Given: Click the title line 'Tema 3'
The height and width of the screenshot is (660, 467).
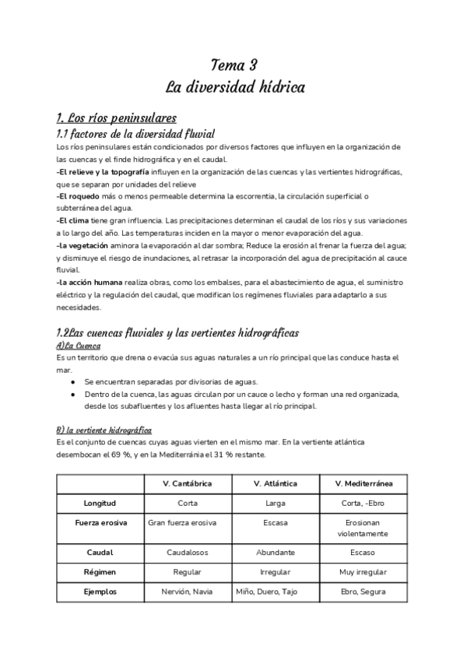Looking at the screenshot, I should point(234,65).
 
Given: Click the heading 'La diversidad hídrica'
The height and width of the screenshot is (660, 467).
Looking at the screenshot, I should point(234,87).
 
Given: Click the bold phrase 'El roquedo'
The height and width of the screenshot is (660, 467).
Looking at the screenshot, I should point(78,196).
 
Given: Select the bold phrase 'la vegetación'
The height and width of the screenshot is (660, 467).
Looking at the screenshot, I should point(84,245).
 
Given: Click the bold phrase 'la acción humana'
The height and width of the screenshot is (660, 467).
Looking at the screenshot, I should point(90,282).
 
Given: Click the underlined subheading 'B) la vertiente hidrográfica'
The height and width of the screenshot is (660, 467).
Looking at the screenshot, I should point(104,430).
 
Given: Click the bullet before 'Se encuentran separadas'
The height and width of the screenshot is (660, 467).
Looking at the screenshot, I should point(72,382).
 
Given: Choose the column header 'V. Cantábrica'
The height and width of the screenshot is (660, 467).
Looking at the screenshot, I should point(188,483).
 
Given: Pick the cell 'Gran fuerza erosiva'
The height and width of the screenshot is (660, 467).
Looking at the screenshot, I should point(188,522).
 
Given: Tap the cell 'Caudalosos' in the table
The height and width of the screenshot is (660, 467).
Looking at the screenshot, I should point(188,552).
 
